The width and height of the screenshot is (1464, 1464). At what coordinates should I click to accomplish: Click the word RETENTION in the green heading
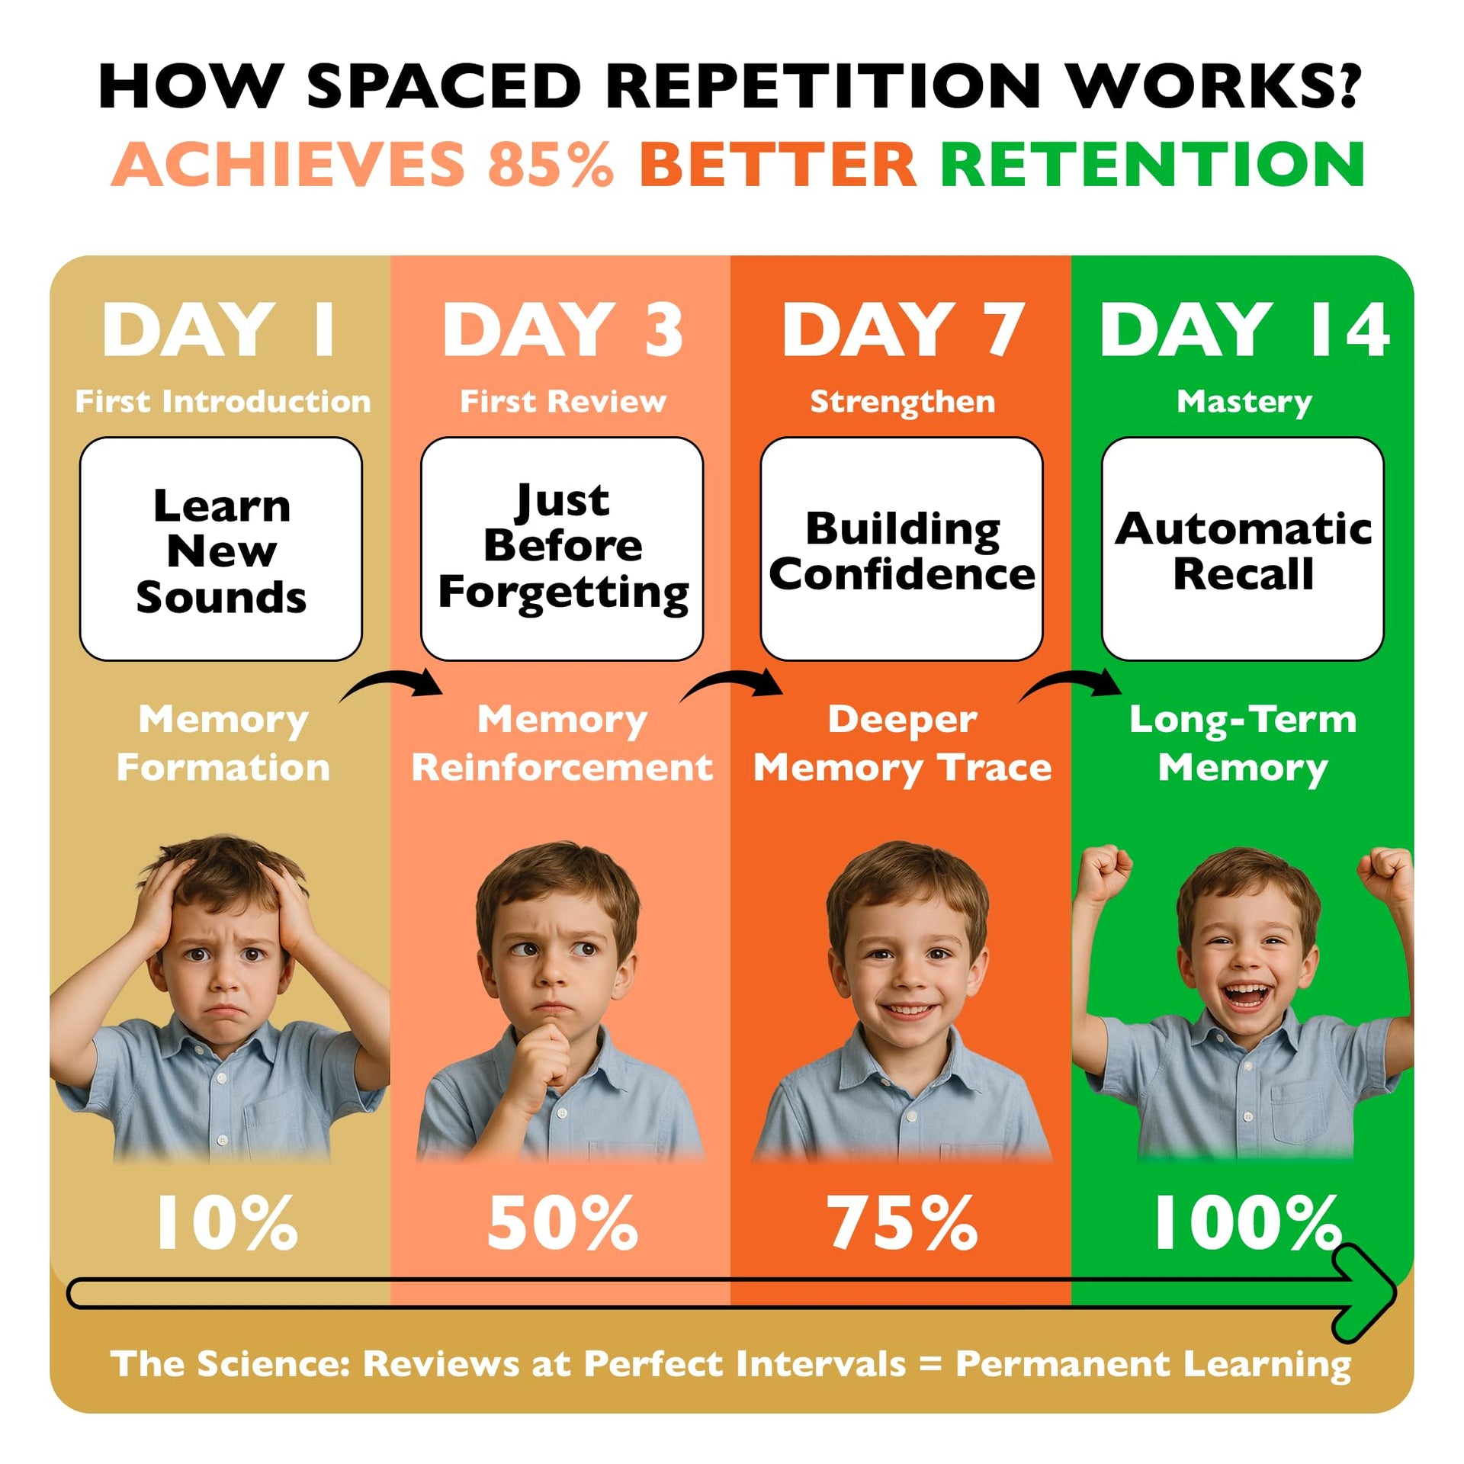pos(1152,164)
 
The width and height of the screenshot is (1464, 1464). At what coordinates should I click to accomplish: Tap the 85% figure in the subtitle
pos(551,164)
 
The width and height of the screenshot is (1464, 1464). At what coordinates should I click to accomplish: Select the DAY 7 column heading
pos(902,329)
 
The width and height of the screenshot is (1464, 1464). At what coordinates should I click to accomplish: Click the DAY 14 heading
pos(1244,329)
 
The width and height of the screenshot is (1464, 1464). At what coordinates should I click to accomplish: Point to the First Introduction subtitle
pos(223,401)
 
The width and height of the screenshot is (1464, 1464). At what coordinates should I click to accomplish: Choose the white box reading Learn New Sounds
pos(221,549)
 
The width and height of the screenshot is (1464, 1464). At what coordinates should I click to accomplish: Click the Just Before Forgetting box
pos(562,549)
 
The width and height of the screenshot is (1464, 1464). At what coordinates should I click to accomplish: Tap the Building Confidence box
pos(902,549)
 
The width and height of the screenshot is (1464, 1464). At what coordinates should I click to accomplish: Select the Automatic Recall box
pos(1243,549)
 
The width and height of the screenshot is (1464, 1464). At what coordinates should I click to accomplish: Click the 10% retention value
pos(226,1223)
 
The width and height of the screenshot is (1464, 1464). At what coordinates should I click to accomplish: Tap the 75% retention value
pos(902,1223)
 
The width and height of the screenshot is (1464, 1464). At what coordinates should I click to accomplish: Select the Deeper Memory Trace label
pos(902,743)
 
